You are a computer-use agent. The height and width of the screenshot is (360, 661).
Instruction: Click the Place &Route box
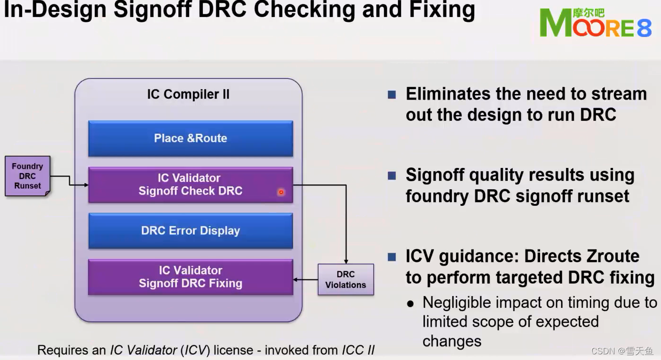(190, 138)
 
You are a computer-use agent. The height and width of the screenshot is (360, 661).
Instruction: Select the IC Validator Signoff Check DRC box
(190, 185)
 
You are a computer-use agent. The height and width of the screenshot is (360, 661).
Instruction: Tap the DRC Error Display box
(190, 231)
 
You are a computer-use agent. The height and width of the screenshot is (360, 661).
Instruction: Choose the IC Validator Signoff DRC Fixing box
(190, 277)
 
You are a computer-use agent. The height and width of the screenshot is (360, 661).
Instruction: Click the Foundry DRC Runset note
(28, 176)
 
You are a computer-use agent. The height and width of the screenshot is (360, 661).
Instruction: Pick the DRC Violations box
(346, 279)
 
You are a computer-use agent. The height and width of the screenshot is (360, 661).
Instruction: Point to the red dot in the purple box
(281, 192)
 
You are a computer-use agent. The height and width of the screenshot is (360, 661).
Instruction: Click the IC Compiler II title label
(188, 94)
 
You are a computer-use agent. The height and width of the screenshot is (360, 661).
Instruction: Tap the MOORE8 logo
(596, 24)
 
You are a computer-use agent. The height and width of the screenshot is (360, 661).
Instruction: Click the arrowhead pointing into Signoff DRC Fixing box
(296, 279)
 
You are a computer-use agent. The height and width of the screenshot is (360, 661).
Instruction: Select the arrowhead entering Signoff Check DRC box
(86, 185)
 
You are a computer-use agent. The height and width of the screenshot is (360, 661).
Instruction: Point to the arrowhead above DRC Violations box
(346, 261)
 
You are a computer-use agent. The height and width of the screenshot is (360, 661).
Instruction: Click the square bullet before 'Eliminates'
(392, 94)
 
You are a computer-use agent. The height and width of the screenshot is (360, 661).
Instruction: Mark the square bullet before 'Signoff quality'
(392, 175)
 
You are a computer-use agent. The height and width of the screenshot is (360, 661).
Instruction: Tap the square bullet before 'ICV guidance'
(392, 257)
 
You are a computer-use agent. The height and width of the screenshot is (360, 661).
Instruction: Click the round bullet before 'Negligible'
(411, 304)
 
